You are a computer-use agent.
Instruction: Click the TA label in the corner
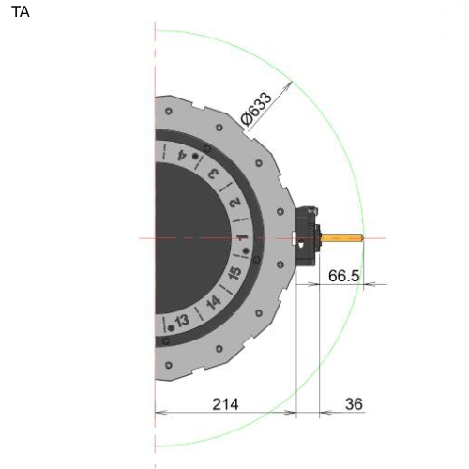pyautogui.click(x=21, y=12)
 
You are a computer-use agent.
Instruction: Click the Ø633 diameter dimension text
pyautogui.click(x=256, y=109)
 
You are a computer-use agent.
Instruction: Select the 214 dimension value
pyautogui.click(x=225, y=404)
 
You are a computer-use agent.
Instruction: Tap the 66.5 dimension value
pyautogui.click(x=343, y=276)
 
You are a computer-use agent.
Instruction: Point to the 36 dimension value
pyautogui.click(x=354, y=404)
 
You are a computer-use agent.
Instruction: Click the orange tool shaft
pyautogui.click(x=342, y=238)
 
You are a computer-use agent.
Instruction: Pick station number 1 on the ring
pyautogui.click(x=242, y=238)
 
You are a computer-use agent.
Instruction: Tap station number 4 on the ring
pyautogui.click(x=182, y=155)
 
